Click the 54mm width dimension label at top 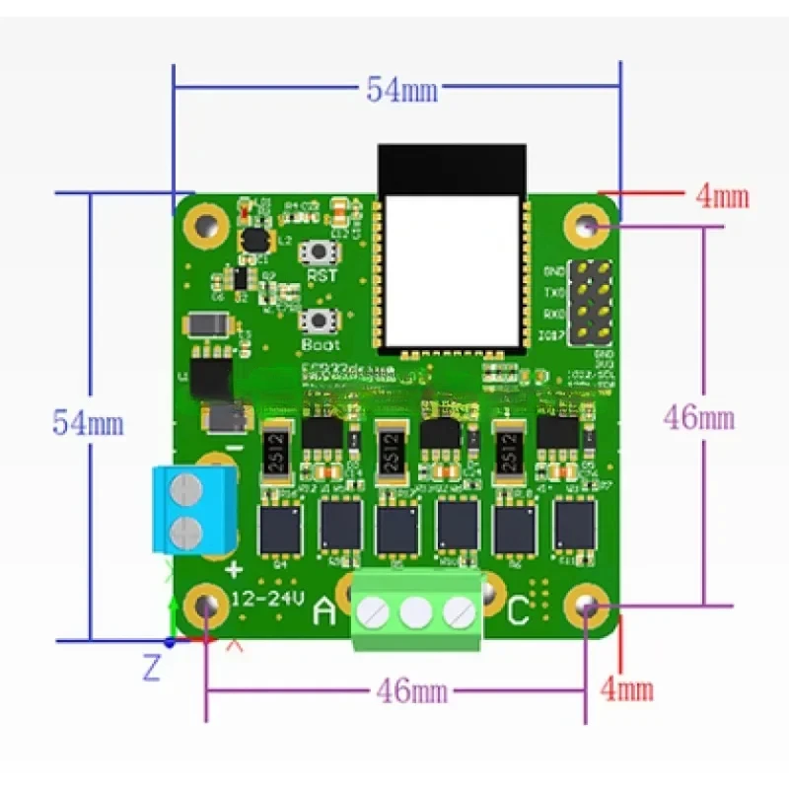pyautogui.click(x=402, y=90)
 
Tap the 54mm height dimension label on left pyautogui.click(x=88, y=424)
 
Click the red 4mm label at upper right pyautogui.click(x=722, y=196)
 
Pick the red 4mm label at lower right pyautogui.click(x=627, y=687)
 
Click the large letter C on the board pyautogui.click(x=518, y=612)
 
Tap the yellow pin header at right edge pyautogui.click(x=594, y=300)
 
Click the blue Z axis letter pyautogui.click(x=151, y=669)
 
